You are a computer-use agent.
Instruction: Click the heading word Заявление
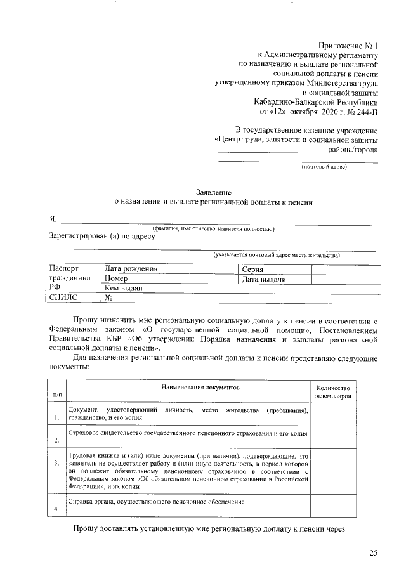pos(213,192)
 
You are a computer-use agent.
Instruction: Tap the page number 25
pos(374,554)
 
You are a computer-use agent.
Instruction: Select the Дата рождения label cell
pos(131,269)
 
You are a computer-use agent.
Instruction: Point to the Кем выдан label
pos(124,289)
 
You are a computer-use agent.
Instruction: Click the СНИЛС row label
pos(63,298)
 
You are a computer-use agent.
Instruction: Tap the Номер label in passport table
pos(117,279)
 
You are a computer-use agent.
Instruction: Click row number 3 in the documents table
pos(56,469)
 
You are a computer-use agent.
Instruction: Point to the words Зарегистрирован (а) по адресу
pos(102,237)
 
